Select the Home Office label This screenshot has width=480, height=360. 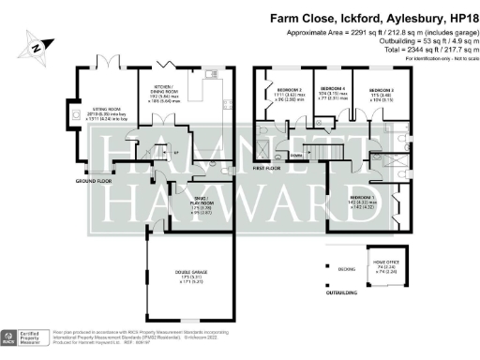[387, 265]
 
